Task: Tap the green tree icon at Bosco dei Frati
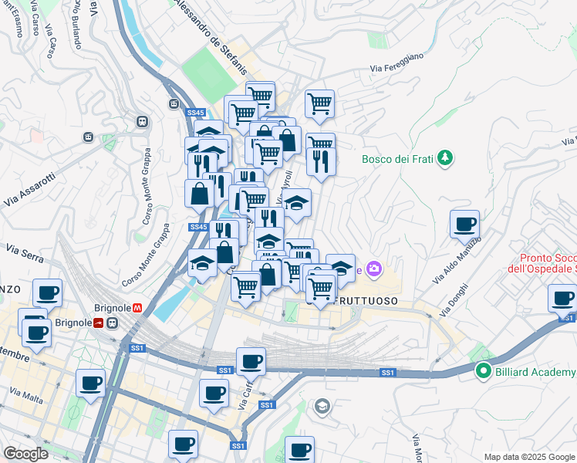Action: click(444, 159)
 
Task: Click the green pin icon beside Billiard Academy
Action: click(484, 372)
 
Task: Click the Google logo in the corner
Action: click(26, 454)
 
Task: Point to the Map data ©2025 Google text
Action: click(529, 457)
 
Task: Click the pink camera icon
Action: click(374, 269)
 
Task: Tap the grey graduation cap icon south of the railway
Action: click(322, 406)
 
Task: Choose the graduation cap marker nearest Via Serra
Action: click(203, 262)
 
